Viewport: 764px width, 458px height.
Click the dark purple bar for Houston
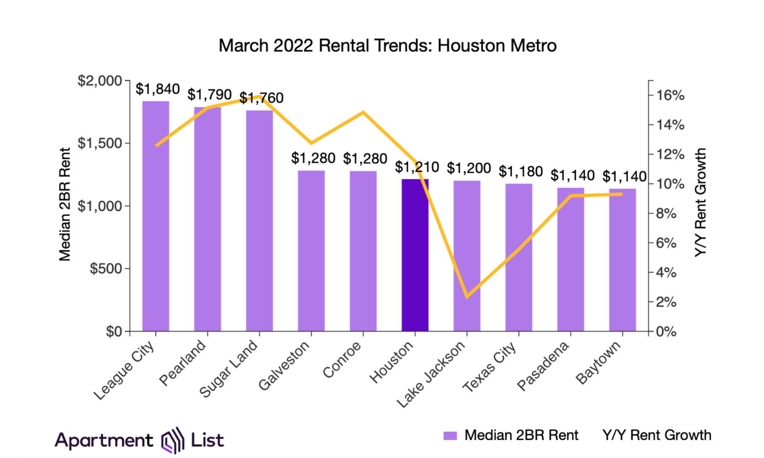(415, 255)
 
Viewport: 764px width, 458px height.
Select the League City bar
(156, 216)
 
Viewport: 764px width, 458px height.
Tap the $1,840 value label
(157, 89)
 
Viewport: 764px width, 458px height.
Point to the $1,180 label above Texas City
(520, 172)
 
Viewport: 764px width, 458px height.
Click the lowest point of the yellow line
(467, 297)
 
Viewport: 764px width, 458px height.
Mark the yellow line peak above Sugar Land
(259, 96)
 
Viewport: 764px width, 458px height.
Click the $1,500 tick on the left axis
(100, 143)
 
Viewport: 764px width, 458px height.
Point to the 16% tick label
(670, 95)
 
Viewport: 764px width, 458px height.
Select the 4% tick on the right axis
(666, 273)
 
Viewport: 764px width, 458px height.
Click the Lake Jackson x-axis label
(431, 375)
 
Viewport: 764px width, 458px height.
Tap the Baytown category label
(598, 363)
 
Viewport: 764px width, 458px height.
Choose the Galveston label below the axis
(284, 365)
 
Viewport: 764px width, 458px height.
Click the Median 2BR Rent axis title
(65, 204)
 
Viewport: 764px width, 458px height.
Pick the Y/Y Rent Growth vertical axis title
(700, 203)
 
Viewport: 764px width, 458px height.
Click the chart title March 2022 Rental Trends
(387, 45)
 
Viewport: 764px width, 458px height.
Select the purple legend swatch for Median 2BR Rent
(450, 435)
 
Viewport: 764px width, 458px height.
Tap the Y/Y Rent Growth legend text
(657, 435)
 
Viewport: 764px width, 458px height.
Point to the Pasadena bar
(570, 260)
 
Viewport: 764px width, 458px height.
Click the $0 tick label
(114, 332)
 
